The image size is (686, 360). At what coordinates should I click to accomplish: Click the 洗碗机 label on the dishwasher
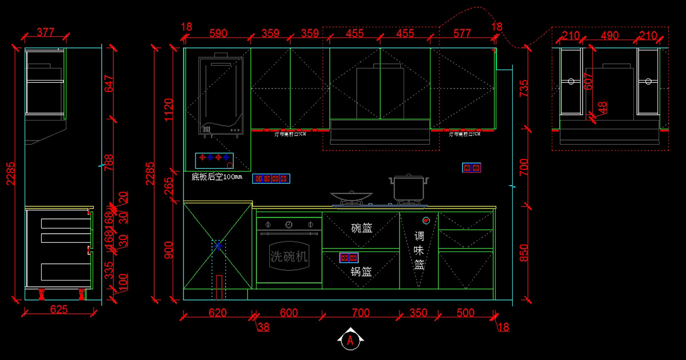click(x=289, y=257)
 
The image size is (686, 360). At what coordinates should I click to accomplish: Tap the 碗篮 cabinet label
click(x=361, y=228)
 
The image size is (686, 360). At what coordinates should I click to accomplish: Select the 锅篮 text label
click(x=361, y=272)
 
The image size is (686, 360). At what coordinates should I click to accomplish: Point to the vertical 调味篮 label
click(x=419, y=250)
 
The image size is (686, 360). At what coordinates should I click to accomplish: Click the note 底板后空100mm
click(x=217, y=177)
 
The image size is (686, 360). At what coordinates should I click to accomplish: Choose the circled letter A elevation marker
click(x=351, y=341)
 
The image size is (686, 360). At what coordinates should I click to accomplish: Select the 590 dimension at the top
click(x=218, y=33)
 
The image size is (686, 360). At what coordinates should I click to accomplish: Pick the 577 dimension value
click(x=463, y=33)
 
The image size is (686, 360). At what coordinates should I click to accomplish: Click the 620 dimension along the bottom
click(x=217, y=313)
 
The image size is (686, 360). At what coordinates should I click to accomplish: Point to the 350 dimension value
click(x=418, y=313)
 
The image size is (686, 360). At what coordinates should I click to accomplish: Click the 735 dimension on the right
click(x=524, y=89)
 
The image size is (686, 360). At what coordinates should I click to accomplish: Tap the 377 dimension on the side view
click(x=50, y=32)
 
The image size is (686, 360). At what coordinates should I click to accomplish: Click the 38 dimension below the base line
click(x=263, y=327)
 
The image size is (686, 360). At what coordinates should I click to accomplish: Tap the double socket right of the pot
click(x=472, y=168)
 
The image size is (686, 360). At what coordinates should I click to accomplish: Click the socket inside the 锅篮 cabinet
click(x=349, y=258)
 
